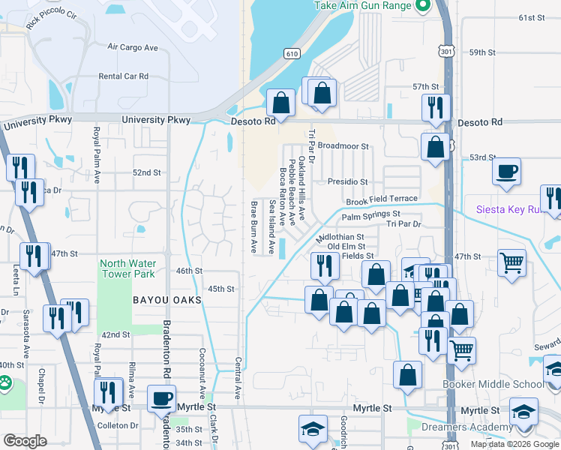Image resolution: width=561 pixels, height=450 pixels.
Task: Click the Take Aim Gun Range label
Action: click(362, 5)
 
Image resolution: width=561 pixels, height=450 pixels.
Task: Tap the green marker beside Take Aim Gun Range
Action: click(422, 6)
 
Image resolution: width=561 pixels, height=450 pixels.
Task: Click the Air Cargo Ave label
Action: click(133, 47)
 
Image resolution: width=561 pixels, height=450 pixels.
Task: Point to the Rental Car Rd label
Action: click(124, 76)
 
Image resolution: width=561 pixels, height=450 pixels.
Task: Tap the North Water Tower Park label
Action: click(127, 268)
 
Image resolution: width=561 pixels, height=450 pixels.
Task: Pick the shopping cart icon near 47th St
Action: click(511, 263)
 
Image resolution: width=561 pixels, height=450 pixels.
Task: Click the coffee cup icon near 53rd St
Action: click(507, 171)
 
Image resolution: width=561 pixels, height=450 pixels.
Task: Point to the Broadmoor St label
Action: click(343, 146)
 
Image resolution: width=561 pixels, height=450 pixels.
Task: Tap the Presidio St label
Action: click(347, 181)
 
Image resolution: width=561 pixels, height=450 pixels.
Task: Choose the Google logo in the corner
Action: click(25, 441)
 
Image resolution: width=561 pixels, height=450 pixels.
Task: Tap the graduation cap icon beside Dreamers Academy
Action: click(523, 411)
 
